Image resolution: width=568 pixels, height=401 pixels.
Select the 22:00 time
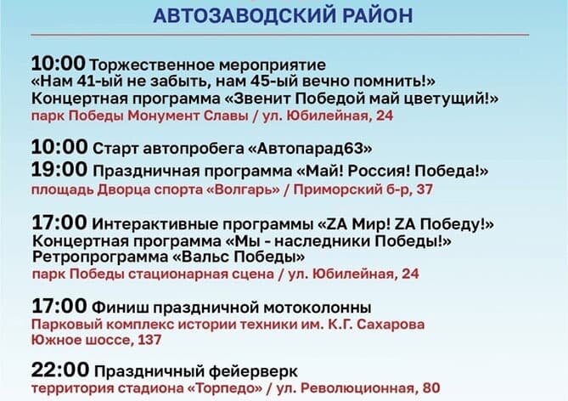59,370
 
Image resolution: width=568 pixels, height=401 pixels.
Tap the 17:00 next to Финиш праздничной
59,306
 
